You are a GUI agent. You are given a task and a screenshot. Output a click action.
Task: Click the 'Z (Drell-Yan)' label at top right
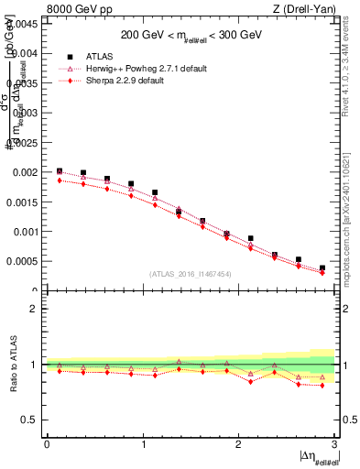pyautogui.click(x=309, y=9)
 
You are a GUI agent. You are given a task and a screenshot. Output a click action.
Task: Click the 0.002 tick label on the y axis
pyautogui.click(x=26, y=172)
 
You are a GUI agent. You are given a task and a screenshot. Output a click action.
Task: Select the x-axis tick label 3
pyautogui.click(x=335, y=444)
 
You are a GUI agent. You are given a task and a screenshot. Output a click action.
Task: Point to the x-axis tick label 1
pyautogui.click(x=143, y=444)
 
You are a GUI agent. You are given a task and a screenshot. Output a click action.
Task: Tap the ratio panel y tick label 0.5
pyautogui.click(x=30, y=420)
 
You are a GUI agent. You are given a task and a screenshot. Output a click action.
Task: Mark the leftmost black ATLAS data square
pyautogui.click(x=60, y=170)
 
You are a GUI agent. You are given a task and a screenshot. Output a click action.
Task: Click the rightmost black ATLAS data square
pyautogui.click(x=322, y=268)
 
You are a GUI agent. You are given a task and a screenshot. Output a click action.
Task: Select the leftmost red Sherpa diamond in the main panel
pyautogui.click(x=60, y=180)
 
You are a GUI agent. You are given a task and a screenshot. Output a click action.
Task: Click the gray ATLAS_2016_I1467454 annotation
pyautogui.click(x=189, y=273)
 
